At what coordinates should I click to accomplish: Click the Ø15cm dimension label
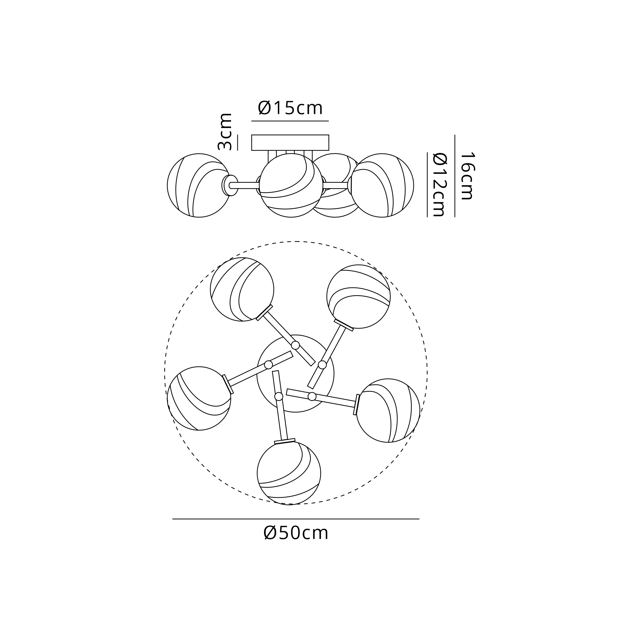[290, 108]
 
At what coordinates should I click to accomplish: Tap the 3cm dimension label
[225, 132]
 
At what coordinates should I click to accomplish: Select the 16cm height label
[468, 176]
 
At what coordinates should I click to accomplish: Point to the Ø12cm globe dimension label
[440, 185]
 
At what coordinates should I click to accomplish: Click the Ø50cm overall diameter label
[296, 533]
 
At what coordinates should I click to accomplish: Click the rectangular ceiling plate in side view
[290, 142]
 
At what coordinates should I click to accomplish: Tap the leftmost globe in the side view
[199, 185]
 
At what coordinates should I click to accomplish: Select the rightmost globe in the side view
[382, 185]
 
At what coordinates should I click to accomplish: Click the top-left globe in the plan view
[242, 290]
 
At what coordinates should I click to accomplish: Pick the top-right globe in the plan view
[358, 297]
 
